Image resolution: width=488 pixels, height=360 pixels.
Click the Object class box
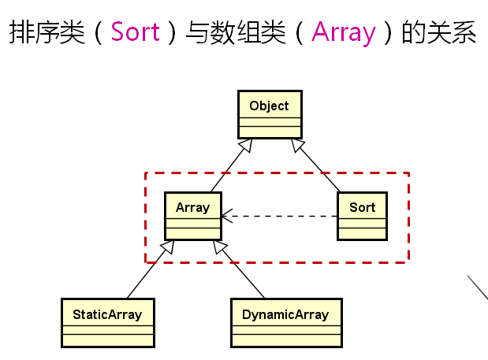point(270,114)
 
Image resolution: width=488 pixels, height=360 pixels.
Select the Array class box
point(193,216)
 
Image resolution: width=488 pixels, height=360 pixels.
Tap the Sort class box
point(363,216)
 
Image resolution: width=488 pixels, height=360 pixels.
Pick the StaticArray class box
point(108,323)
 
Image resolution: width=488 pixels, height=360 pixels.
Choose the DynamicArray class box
point(286,323)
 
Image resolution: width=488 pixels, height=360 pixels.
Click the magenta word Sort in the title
point(136,32)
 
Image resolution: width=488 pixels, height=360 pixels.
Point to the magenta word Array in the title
point(344,33)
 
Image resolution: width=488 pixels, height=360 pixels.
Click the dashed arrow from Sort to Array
point(279,216)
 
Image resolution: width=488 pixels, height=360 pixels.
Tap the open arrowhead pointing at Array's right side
point(227,216)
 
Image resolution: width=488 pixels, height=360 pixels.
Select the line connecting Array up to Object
point(231,165)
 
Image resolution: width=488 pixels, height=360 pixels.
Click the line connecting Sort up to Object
point(315,165)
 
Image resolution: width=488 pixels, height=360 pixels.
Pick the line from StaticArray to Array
point(151,269)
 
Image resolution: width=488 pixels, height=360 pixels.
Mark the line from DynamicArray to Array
point(239,269)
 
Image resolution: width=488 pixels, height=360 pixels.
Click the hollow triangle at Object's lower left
point(246,145)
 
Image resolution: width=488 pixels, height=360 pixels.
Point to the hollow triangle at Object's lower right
point(297,145)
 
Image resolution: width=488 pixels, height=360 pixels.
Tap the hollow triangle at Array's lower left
point(167,247)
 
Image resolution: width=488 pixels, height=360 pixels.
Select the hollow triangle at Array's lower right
point(220,247)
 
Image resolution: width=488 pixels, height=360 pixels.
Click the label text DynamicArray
point(285,315)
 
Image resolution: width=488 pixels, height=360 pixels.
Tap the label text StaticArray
point(107,315)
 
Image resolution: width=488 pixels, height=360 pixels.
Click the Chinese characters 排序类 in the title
point(47,32)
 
